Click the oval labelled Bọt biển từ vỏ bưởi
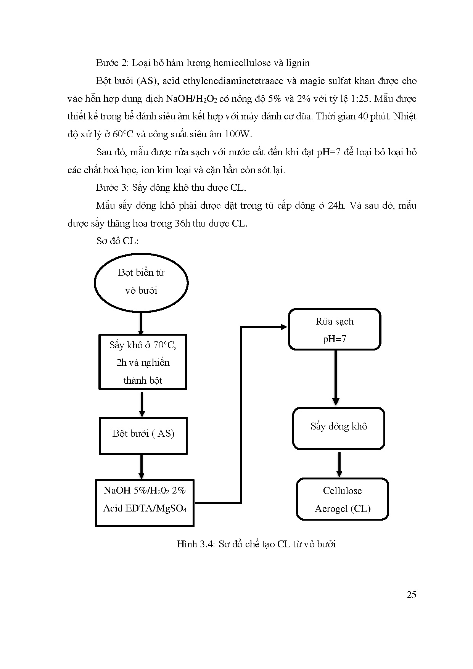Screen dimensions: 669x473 [141, 283]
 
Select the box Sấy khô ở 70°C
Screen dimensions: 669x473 [143, 362]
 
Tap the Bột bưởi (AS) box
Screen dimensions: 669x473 [143, 436]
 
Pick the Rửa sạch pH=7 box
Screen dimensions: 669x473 [335, 330]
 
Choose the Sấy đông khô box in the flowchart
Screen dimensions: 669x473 [338, 428]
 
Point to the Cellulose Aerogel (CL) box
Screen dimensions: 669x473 [342, 499]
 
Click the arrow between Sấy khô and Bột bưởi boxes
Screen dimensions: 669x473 [142, 404]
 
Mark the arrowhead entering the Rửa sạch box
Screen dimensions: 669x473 [283, 327]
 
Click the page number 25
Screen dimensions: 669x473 [411, 595]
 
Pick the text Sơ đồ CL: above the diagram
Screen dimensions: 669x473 [117, 241]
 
